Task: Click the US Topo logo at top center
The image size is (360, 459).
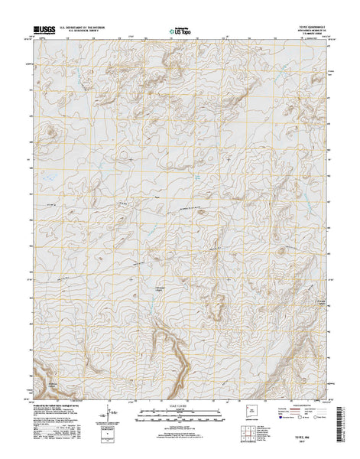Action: (x=180, y=31)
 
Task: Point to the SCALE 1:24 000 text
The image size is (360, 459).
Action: (x=180, y=402)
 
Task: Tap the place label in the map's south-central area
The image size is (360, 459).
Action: (x=161, y=288)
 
